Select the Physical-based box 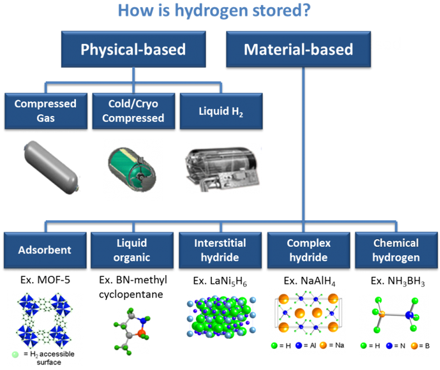(x=133, y=50)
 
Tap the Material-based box (x=298, y=50)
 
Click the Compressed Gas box (x=46, y=110)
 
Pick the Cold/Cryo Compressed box (x=133, y=110)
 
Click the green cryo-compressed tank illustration (x=129, y=165)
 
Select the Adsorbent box (x=46, y=250)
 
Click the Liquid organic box (x=133, y=250)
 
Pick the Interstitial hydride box (x=220, y=250)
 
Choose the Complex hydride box (x=308, y=250)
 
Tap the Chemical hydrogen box (x=395, y=250)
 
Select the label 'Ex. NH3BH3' (x=397, y=282)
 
